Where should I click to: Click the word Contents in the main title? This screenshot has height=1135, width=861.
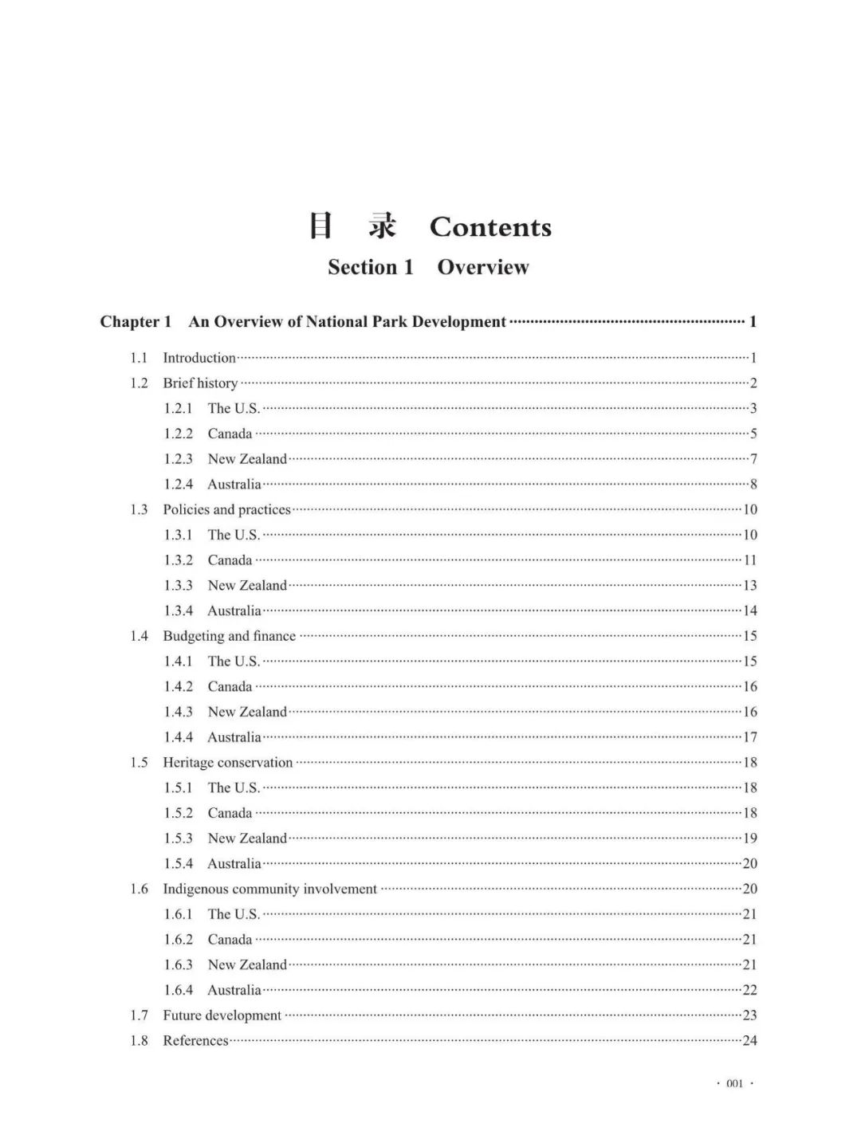[x=490, y=228]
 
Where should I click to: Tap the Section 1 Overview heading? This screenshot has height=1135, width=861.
[x=428, y=267]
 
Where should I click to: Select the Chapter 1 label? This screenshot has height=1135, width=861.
[x=136, y=322]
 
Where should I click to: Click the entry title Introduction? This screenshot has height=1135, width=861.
[x=199, y=358]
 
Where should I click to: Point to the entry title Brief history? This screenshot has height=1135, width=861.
[x=200, y=383]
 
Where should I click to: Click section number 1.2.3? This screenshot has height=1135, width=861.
[x=179, y=459]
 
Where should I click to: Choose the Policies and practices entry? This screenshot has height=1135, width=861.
[x=226, y=510]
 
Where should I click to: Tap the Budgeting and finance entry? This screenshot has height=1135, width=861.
[x=229, y=636]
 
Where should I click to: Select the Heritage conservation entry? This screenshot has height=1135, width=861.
[x=227, y=763]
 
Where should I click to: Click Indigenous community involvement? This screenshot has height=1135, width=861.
[x=269, y=890]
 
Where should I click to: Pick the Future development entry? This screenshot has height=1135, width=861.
[x=222, y=1015]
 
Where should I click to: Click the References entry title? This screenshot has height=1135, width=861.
[x=195, y=1041]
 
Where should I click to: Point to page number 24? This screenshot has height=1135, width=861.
[x=749, y=1041]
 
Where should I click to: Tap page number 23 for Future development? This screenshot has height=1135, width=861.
[x=749, y=1015]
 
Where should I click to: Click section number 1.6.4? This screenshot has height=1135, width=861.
[x=179, y=991]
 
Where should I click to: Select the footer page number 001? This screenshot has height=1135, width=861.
[x=734, y=1084]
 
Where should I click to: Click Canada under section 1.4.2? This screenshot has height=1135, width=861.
[x=230, y=687]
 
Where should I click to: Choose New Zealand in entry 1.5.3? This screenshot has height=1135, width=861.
[x=247, y=838]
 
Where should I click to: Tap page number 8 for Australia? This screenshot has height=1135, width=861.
[x=753, y=485]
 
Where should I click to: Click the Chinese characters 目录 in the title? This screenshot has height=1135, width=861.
[x=352, y=227]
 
